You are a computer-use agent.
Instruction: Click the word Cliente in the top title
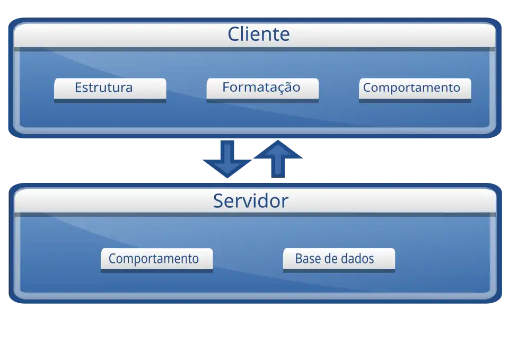(x=259, y=34)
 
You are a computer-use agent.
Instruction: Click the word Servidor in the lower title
(x=250, y=201)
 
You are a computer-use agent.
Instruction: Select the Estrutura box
(x=110, y=88)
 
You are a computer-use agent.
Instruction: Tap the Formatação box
(x=262, y=88)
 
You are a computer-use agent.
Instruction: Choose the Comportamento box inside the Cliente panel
(x=415, y=88)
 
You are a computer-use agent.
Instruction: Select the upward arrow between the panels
(x=278, y=159)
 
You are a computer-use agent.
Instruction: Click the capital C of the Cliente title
(x=235, y=34)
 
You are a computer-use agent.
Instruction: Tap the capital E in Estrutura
(x=78, y=87)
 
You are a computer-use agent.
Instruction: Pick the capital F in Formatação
(x=226, y=87)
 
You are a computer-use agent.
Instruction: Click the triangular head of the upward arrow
(x=278, y=150)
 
